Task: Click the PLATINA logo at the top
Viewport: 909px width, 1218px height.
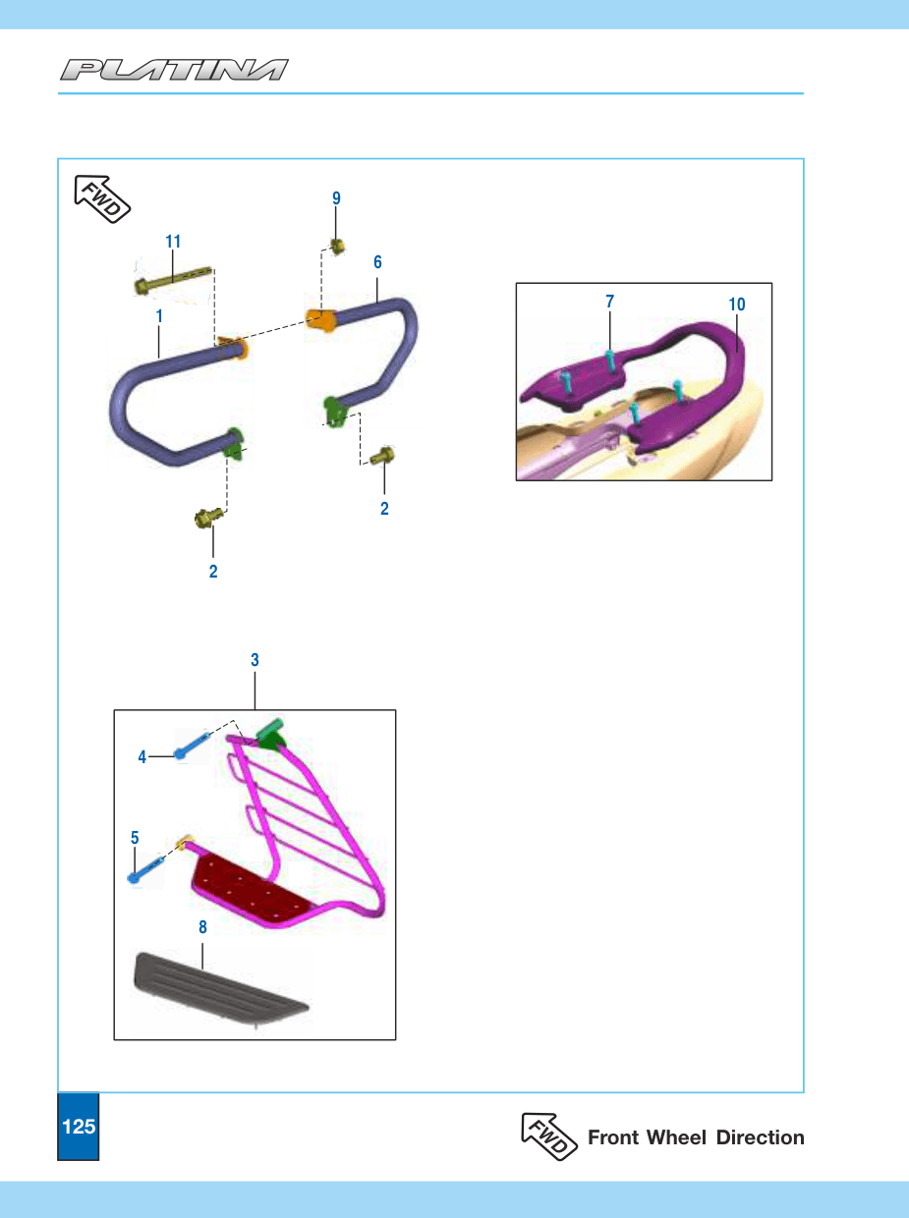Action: point(174,70)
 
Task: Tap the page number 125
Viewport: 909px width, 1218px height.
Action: point(79,1127)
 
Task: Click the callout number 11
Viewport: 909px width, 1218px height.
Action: point(173,242)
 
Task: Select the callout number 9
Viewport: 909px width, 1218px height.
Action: point(336,198)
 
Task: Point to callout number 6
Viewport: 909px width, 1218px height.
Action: point(377,262)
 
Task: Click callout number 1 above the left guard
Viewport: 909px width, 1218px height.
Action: point(159,316)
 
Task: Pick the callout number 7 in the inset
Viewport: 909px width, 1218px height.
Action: point(610,302)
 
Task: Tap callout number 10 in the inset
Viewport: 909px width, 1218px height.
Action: point(736,304)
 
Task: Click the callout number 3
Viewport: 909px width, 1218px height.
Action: point(255,660)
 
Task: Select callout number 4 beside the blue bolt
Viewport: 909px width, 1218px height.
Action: point(142,757)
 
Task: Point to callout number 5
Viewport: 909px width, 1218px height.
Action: point(135,837)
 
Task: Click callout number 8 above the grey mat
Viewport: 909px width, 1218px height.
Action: point(202,926)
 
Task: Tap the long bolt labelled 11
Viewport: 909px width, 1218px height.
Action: point(173,279)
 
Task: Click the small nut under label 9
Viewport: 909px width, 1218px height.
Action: point(337,246)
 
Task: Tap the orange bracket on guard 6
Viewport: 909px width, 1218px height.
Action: point(321,320)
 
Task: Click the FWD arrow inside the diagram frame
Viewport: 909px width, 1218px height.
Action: point(102,199)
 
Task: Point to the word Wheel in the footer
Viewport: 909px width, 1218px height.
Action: point(676,1137)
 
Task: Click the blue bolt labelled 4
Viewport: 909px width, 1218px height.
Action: point(193,745)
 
